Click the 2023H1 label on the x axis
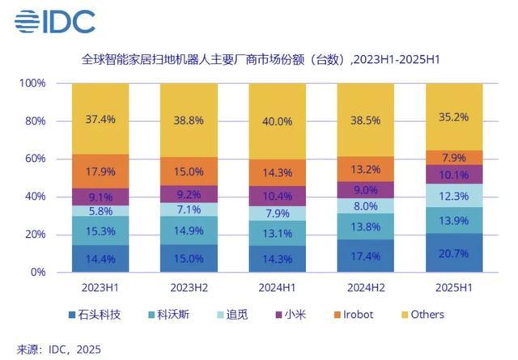pos(100,287)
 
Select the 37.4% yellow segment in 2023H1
pos(100,119)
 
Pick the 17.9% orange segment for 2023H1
pos(100,171)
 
